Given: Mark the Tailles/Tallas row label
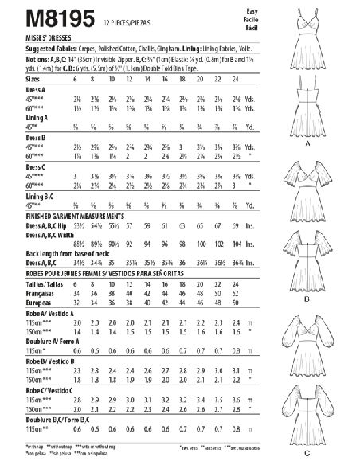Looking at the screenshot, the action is click(39, 283).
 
